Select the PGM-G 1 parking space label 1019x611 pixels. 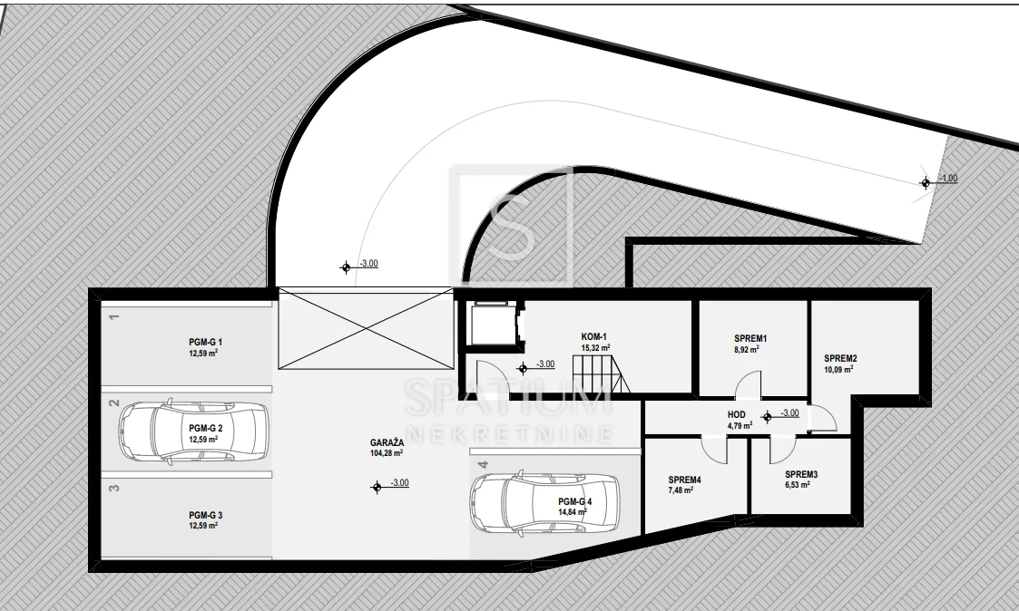205,342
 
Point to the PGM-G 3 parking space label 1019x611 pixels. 205,516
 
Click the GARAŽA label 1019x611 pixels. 387,442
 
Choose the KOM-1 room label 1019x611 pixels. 594,337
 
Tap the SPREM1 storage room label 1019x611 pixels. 750,338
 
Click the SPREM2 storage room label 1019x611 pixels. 840,358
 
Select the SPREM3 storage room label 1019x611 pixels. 800,475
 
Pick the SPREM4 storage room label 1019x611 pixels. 685,480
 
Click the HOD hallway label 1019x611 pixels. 737,415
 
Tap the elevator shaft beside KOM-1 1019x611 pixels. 492,323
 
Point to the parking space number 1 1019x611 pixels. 114,317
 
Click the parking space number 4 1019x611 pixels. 482,465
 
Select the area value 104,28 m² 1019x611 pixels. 387,453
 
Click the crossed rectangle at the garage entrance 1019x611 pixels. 366,328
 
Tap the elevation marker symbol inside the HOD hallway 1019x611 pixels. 768,417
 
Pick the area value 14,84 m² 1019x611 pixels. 573,511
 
